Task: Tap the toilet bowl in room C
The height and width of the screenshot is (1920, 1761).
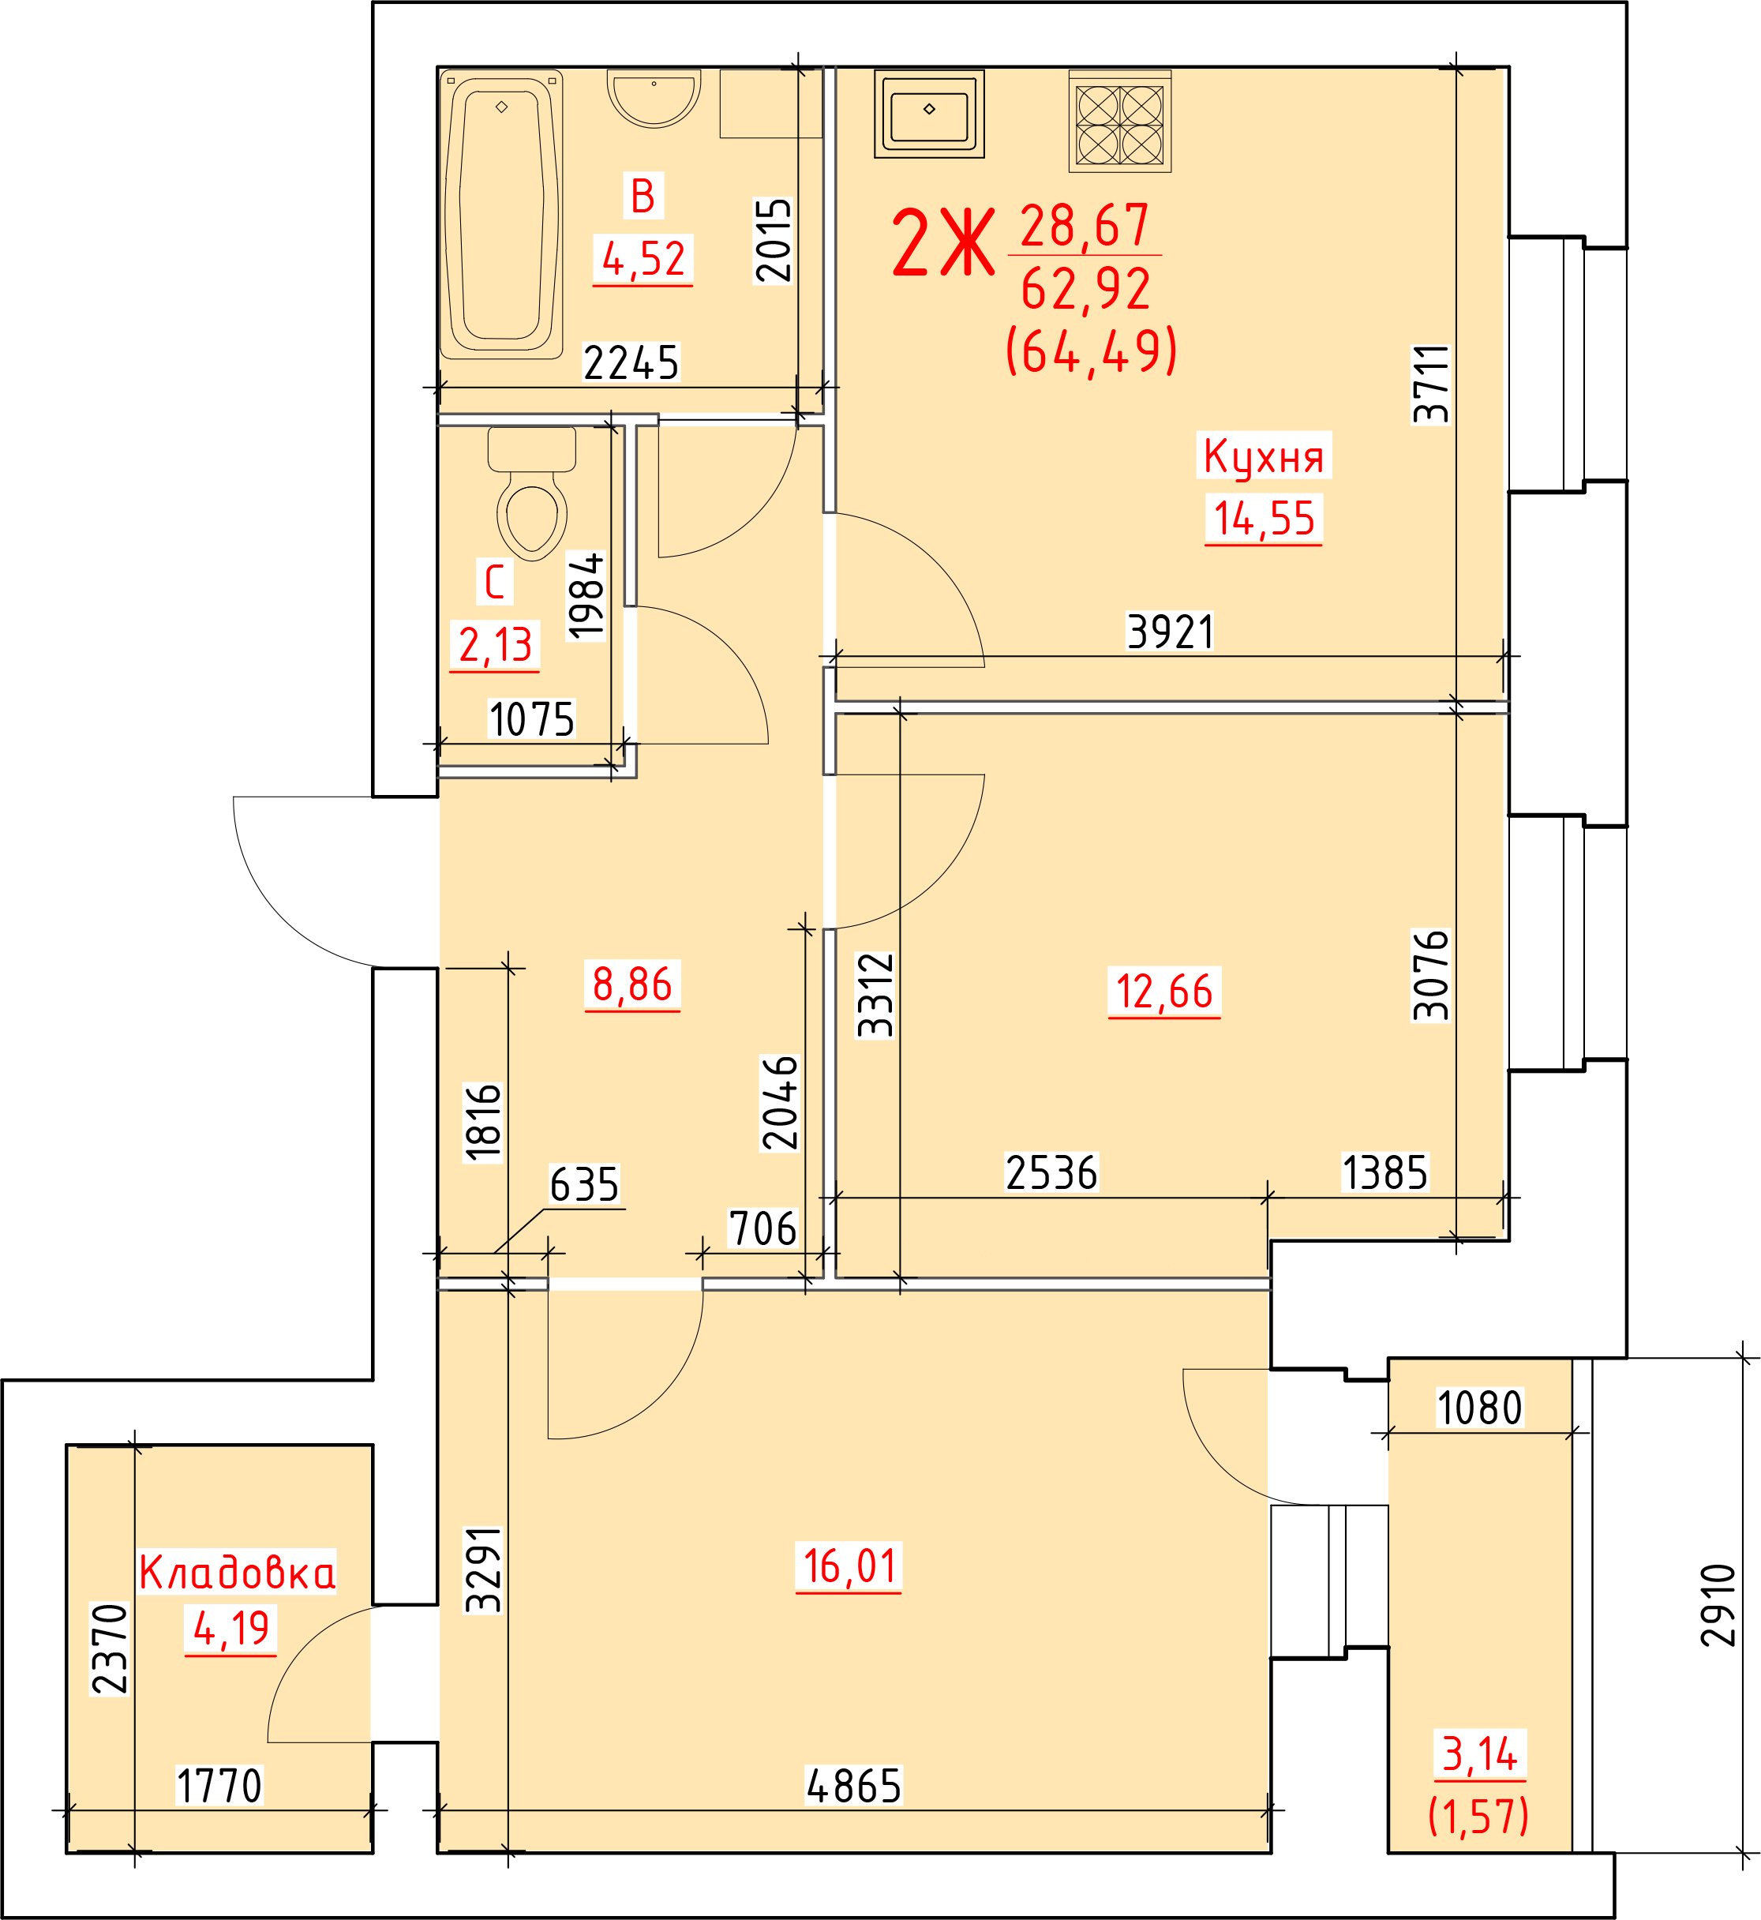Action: pyautogui.click(x=532, y=493)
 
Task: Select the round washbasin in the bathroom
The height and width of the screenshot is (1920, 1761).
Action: pyautogui.click(x=654, y=98)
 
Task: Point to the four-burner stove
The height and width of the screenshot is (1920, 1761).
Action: pyautogui.click(x=1120, y=122)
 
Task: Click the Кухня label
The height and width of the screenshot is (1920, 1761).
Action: pyautogui.click(x=1264, y=456)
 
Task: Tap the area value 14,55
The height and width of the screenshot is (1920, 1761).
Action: pyautogui.click(x=1264, y=519)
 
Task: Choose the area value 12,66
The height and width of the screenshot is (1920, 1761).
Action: pyautogui.click(x=1164, y=992)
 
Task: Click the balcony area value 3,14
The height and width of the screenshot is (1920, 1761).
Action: pyautogui.click(x=1480, y=1754)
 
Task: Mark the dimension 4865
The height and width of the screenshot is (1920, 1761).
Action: pyautogui.click(x=854, y=1787)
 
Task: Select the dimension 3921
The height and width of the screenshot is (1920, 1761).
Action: pyautogui.click(x=1171, y=632)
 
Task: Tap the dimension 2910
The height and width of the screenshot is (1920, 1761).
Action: pyautogui.click(x=1718, y=1606)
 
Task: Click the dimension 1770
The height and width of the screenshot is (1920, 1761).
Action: pyautogui.click(x=219, y=1787)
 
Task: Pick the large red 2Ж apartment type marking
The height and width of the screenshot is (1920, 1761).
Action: pyautogui.click(x=942, y=244)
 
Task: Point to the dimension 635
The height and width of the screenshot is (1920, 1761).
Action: pyautogui.click(x=584, y=1185)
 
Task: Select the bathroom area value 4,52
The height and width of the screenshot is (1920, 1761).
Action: pyautogui.click(x=643, y=259)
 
